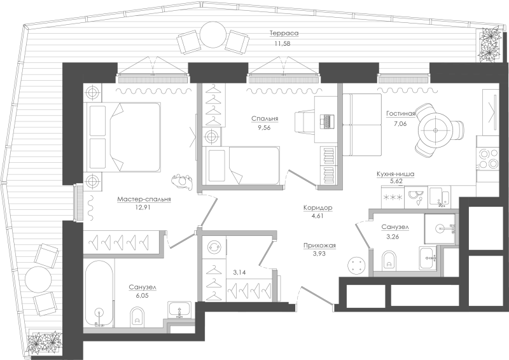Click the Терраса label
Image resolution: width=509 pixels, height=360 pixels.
(284, 33)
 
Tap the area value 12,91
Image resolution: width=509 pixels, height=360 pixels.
(144, 207)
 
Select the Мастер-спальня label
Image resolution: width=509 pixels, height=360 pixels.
(144, 199)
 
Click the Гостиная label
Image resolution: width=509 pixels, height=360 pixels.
(401, 114)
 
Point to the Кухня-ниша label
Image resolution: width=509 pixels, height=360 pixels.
(395, 174)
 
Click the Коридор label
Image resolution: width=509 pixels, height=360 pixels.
(317, 207)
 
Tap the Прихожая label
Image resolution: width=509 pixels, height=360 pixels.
(319, 246)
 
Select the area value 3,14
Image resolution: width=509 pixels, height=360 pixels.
(239, 272)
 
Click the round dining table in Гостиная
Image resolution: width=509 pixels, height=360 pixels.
(435, 130)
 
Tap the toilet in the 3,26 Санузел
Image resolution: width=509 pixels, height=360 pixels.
(390, 260)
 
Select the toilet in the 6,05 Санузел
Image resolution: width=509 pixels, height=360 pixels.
(137, 317)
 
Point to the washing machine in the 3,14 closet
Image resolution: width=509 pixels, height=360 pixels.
(214, 247)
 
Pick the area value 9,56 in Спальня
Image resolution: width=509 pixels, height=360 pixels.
(264, 128)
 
